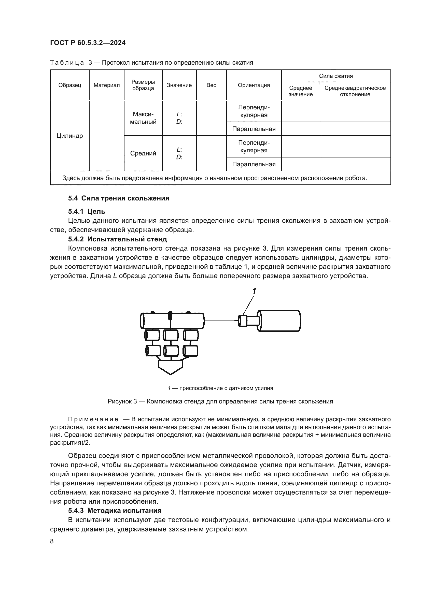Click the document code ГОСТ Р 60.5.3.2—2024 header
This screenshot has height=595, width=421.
click(x=88, y=43)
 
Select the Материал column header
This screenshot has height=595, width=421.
click(x=107, y=85)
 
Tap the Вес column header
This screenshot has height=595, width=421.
click(x=211, y=85)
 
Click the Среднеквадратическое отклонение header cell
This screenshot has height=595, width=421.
click(x=355, y=91)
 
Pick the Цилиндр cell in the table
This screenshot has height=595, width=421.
click(x=70, y=136)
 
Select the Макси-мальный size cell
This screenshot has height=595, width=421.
click(x=143, y=118)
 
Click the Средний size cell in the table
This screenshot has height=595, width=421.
click(x=143, y=153)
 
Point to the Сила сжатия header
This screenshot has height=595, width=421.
click(x=336, y=76)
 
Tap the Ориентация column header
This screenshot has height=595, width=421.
click(x=254, y=85)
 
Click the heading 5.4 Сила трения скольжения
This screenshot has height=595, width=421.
click(x=118, y=198)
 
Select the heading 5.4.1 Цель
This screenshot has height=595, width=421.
click(x=87, y=211)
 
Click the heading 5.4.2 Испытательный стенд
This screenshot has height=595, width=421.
click(x=117, y=239)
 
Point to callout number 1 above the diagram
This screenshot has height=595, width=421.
click(x=254, y=291)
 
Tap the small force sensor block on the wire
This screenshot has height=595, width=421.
click(x=242, y=321)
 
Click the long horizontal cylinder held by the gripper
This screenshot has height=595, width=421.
click(x=172, y=321)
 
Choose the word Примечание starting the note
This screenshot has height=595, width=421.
click(x=93, y=419)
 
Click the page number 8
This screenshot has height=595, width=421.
click(x=52, y=541)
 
